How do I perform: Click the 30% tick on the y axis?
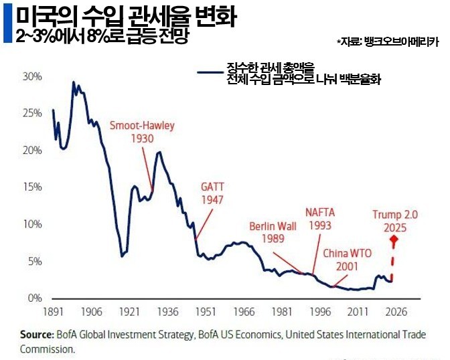point(32,77)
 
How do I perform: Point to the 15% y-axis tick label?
point(32,187)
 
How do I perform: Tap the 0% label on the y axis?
point(34,298)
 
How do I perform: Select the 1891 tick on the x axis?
point(53,312)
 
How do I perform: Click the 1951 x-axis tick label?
point(206,312)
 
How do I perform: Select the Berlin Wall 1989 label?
point(274,232)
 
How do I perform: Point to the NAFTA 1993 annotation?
point(320,219)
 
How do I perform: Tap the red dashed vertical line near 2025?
point(392,264)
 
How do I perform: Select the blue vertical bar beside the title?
point(7,24)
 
